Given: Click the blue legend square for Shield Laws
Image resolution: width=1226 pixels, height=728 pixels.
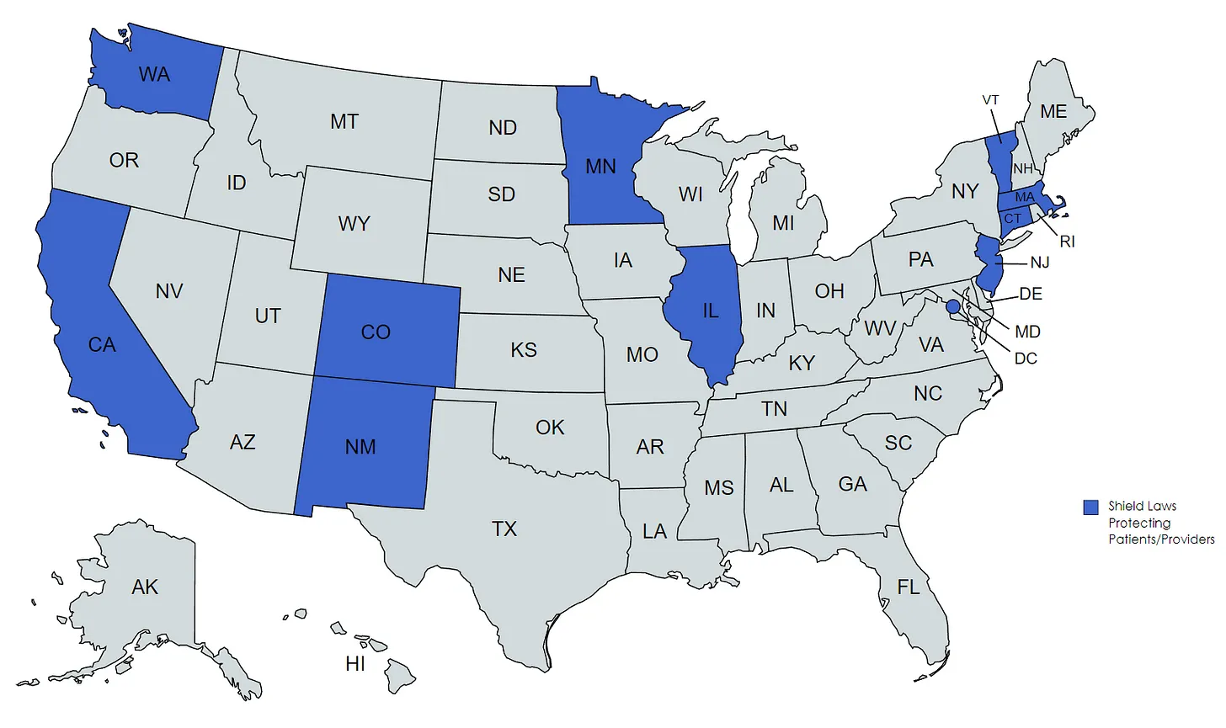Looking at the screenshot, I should [x=1090, y=507].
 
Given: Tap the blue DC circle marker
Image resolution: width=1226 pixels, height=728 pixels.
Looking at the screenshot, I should [x=952, y=307].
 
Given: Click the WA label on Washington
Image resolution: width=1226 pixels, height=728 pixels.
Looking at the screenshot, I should [x=154, y=75].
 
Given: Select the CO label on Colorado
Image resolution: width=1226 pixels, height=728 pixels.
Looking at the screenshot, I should [x=376, y=332].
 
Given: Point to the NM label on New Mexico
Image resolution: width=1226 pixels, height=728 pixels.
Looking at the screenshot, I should [x=360, y=447].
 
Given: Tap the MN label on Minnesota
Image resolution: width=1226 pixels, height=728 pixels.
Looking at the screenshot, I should [x=600, y=167].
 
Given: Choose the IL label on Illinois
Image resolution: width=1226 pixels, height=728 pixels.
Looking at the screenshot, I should [x=711, y=311].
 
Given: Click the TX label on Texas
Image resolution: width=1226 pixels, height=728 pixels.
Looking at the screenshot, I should [x=504, y=529].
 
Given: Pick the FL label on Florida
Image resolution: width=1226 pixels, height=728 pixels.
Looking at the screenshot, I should [x=909, y=587].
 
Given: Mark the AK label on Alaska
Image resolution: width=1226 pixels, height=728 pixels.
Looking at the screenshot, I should [x=145, y=587].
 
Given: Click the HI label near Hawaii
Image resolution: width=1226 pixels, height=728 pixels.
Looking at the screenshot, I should [x=355, y=664].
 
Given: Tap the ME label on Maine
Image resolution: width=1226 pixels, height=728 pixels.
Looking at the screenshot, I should [x=1053, y=112].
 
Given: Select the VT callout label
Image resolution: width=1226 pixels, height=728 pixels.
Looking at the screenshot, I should [x=990, y=100].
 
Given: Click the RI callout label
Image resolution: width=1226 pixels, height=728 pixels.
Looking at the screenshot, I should [x=1067, y=242].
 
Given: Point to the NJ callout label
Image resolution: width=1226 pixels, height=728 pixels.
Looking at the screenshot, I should [x=1040, y=263].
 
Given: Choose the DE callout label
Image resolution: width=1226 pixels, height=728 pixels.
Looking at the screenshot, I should [x=1031, y=294].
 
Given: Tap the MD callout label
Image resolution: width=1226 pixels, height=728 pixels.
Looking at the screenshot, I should [x=1027, y=332].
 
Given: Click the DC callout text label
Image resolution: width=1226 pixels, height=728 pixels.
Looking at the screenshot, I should [x=1026, y=359].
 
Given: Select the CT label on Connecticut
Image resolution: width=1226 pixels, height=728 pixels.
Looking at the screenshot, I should [x=1012, y=219].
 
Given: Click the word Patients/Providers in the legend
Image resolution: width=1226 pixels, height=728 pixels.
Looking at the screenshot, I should [x=1161, y=539].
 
